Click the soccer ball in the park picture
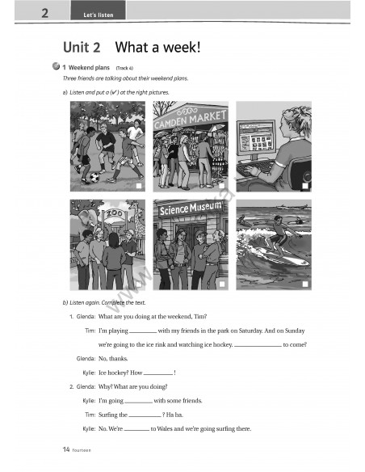click(x=94, y=177)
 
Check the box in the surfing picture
click(x=304, y=284)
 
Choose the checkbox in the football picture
click(x=139, y=186)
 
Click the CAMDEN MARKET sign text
click(x=191, y=120)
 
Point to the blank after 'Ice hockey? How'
click(x=158, y=373)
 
